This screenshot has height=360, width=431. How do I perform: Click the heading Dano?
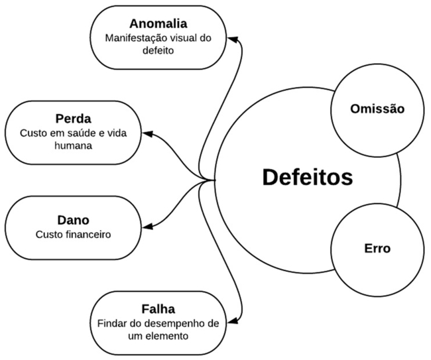click(x=73, y=219)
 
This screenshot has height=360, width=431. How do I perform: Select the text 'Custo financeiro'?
click(x=73, y=234)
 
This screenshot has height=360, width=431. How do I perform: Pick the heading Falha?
click(x=158, y=309)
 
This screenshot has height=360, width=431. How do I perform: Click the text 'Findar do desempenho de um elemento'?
click(x=158, y=330)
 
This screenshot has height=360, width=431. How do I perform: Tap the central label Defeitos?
click(x=307, y=178)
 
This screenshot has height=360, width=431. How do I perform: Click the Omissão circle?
click(x=377, y=108)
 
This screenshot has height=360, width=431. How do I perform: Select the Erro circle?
click(x=377, y=249)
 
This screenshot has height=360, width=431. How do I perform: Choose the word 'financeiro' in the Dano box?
click(x=89, y=234)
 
